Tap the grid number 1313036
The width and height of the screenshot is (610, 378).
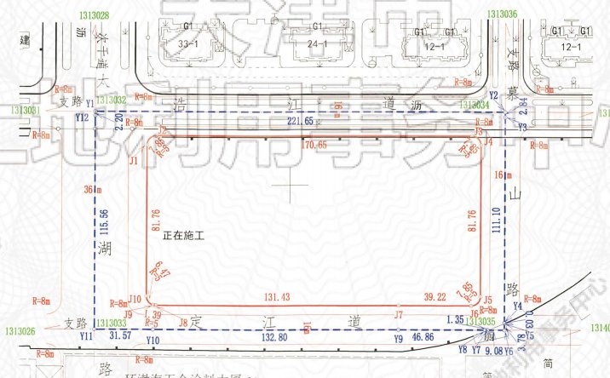coord(502,14)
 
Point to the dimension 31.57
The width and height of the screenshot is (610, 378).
coord(122,337)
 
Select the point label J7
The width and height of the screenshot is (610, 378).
coord(399,315)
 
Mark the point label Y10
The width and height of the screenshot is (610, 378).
coord(152,341)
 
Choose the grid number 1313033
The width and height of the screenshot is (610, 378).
coord(112,323)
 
